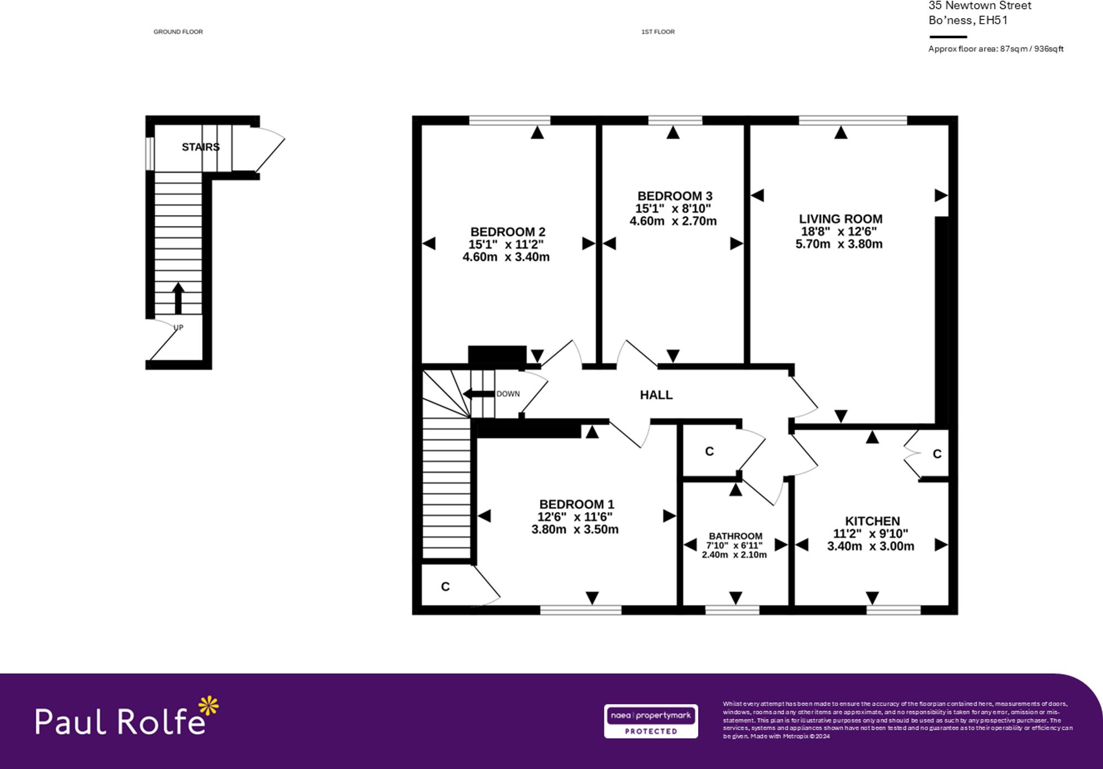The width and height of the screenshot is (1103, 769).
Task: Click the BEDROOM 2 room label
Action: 507,232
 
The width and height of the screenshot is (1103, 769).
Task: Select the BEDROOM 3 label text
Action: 674,196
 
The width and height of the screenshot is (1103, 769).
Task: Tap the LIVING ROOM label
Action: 840,219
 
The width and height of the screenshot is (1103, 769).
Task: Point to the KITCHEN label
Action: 872,521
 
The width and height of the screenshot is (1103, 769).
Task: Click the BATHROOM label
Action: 735,536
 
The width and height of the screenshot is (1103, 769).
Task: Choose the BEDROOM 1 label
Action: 576,504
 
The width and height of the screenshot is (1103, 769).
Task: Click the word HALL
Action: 656,395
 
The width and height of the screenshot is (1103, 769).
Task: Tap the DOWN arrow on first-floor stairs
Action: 478,394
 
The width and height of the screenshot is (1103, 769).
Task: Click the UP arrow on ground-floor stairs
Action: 178,298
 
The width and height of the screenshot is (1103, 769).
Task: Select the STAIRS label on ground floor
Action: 201,147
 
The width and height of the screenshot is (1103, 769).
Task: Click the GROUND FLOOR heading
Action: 178,32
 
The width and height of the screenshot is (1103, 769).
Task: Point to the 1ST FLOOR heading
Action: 657,32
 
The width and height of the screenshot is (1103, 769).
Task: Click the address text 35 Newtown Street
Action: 979,6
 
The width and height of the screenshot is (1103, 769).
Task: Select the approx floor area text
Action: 995,49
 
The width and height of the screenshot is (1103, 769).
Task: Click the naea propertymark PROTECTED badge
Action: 651,721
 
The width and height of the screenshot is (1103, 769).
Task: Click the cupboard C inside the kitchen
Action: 936,454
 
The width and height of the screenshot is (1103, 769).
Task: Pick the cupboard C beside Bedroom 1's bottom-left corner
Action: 445,587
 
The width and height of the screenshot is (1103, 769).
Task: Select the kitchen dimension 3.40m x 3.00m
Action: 870,546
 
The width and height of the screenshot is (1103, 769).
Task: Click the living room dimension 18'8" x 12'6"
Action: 838,232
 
